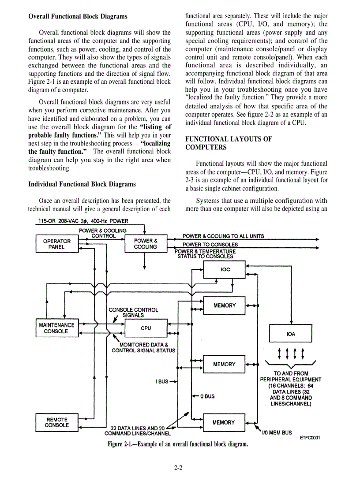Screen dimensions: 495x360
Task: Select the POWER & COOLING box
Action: [146, 244]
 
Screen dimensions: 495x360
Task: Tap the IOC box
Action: [225, 269]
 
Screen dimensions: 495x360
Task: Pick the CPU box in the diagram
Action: [146, 328]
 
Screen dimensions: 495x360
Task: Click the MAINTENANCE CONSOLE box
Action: [56, 328]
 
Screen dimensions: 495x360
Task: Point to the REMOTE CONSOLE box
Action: [56, 423]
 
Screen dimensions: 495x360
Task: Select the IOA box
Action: [291, 334]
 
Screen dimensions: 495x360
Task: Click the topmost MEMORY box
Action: [224, 305]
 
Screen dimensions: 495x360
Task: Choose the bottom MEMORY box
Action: [224, 423]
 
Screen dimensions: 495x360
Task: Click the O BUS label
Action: [207, 396]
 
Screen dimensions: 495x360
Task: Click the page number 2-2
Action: [178, 468]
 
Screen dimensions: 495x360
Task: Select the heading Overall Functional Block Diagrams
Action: [78, 16]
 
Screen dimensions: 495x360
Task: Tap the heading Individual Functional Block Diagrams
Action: [82, 184]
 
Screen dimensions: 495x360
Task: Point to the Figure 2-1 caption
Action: [177, 444]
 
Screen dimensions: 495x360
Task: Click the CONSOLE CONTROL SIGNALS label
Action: [133, 313]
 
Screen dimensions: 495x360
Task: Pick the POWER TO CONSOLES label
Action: [210, 245]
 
